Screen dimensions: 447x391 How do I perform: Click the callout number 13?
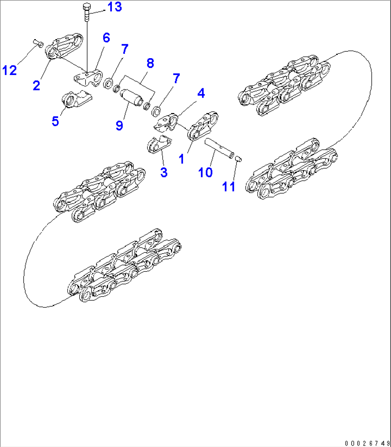114,7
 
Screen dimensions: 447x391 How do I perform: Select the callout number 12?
10,70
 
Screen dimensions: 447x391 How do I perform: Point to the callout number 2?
36,86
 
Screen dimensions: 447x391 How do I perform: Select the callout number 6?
106,38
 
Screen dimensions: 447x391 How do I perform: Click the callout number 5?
55,121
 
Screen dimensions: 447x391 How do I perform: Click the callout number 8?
150,63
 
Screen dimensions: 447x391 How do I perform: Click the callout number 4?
201,93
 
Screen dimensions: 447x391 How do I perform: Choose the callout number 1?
182,158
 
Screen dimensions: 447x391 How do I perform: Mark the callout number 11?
229,187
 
